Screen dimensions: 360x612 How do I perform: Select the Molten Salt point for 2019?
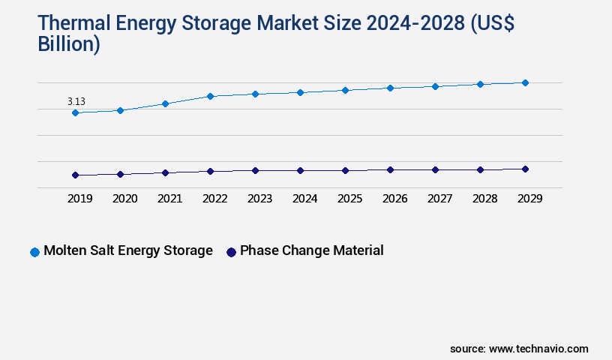point(75,112)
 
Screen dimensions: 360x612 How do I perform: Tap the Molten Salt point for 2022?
point(210,96)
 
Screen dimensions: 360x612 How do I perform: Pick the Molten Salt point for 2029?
point(525,82)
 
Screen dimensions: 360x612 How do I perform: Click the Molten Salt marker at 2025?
point(345,90)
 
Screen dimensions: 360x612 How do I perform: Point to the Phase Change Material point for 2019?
point(75,175)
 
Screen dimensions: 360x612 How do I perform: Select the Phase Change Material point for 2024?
point(300,170)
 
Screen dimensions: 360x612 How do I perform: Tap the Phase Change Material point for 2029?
point(525,169)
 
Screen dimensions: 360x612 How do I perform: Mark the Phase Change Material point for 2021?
point(165,172)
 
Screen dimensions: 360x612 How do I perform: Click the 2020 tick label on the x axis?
point(124,199)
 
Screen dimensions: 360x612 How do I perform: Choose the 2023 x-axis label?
point(259,199)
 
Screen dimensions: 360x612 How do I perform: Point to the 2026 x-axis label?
point(394,199)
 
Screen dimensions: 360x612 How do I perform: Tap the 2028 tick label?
point(484,199)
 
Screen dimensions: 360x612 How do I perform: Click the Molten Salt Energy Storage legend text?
point(128,250)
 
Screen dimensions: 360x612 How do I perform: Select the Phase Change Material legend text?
point(311,250)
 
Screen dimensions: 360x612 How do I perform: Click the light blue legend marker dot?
point(34,252)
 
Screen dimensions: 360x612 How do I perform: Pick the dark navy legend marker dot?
point(231,252)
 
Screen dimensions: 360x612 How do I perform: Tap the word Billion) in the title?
point(69,44)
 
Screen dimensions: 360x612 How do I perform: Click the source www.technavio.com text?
point(519,349)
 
